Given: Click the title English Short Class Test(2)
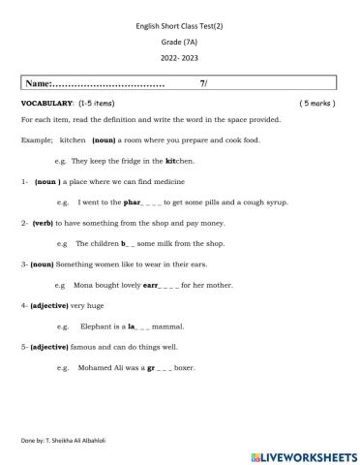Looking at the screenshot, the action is click(x=179, y=29).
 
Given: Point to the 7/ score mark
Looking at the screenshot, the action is click(x=203, y=84).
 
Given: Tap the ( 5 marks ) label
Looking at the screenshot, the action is click(x=318, y=102).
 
